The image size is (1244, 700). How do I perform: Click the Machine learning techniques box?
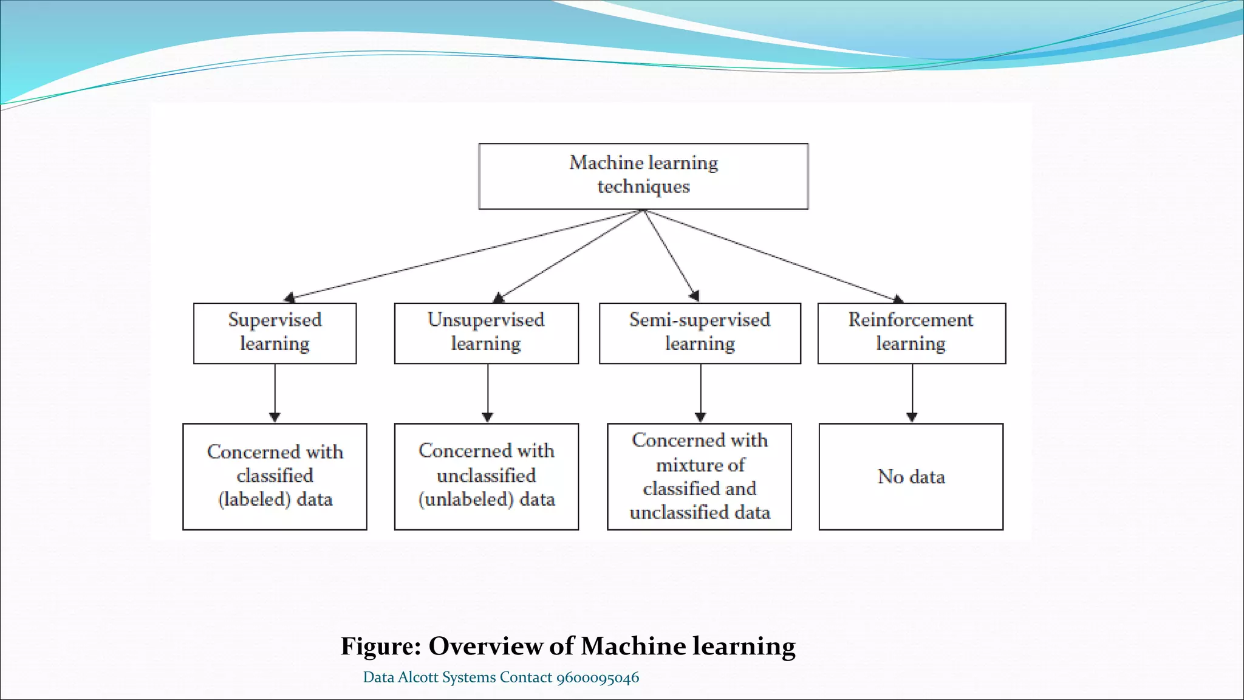[x=643, y=176]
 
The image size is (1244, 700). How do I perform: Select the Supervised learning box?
[x=275, y=333]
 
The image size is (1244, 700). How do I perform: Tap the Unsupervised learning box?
[x=486, y=333]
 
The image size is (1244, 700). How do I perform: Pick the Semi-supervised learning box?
[x=700, y=333]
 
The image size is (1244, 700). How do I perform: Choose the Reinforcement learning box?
[x=911, y=333]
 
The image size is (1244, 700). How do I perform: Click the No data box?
[x=911, y=476]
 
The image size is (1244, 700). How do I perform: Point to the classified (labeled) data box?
[x=275, y=476]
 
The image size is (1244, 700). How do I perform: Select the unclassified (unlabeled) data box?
[x=486, y=476]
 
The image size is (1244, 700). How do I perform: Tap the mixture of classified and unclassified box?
[x=699, y=476]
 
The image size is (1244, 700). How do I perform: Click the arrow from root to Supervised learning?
[x=462, y=255]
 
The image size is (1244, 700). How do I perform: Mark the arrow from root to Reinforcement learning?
[x=771, y=256]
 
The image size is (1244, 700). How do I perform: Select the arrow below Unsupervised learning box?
[x=488, y=392]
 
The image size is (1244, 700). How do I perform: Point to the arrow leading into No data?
[x=912, y=392]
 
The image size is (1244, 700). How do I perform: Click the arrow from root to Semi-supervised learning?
[x=670, y=254]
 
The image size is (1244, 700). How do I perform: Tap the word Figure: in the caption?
[x=381, y=647]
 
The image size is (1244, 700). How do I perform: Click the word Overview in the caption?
[x=485, y=647]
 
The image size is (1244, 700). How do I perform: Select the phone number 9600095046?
[x=598, y=678]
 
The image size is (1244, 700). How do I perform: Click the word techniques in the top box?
[x=643, y=187]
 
